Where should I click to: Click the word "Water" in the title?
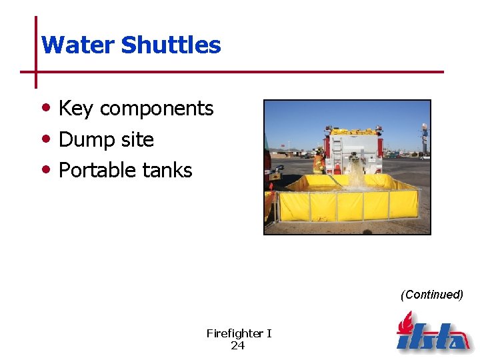click(77, 45)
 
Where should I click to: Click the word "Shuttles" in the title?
click(171, 45)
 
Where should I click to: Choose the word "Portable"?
click(96, 171)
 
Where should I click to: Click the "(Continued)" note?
click(431, 295)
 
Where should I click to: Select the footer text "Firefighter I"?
click(239, 333)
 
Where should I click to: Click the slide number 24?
click(238, 345)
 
